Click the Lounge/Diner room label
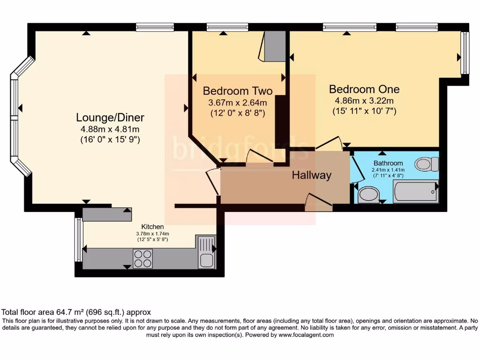(110, 118)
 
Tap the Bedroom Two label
(238, 91)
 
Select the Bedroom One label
(364, 89)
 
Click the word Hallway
(312, 175)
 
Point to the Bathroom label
(388, 163)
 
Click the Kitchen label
(152, 227)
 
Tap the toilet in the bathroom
(427, 164)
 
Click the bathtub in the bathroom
(416, 192)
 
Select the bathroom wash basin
(369, 195)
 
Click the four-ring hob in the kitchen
(143, 259)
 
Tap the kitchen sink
(206, 252)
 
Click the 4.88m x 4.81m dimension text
(110, 129)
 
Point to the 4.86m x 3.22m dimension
(364, 101)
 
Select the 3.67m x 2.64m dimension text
(238, 103)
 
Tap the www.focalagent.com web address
(306, 335)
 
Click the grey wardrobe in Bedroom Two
(275, 46)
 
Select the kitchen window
(79, 240)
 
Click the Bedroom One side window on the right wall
(465, 52)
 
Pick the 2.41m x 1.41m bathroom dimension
(388, 170)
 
